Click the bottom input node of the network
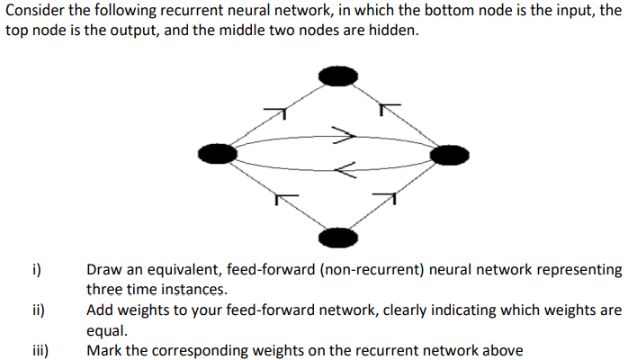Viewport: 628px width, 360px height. (x=338, y=238)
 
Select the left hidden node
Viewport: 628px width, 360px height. (x=218, y=155)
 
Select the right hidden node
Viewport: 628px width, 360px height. (x=450, y=156)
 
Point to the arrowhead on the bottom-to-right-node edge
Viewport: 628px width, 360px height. (x=387, y=195)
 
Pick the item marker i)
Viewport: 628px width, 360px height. (x=37, y=269)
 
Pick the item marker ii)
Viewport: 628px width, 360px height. (x=39, y=310)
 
